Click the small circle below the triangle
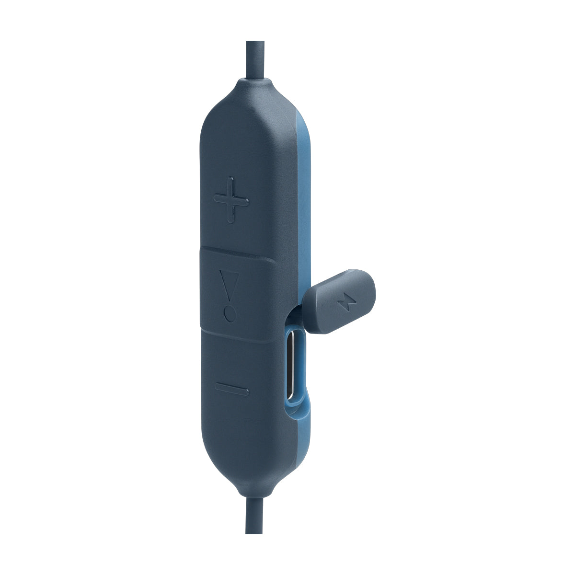pos(230,315)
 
